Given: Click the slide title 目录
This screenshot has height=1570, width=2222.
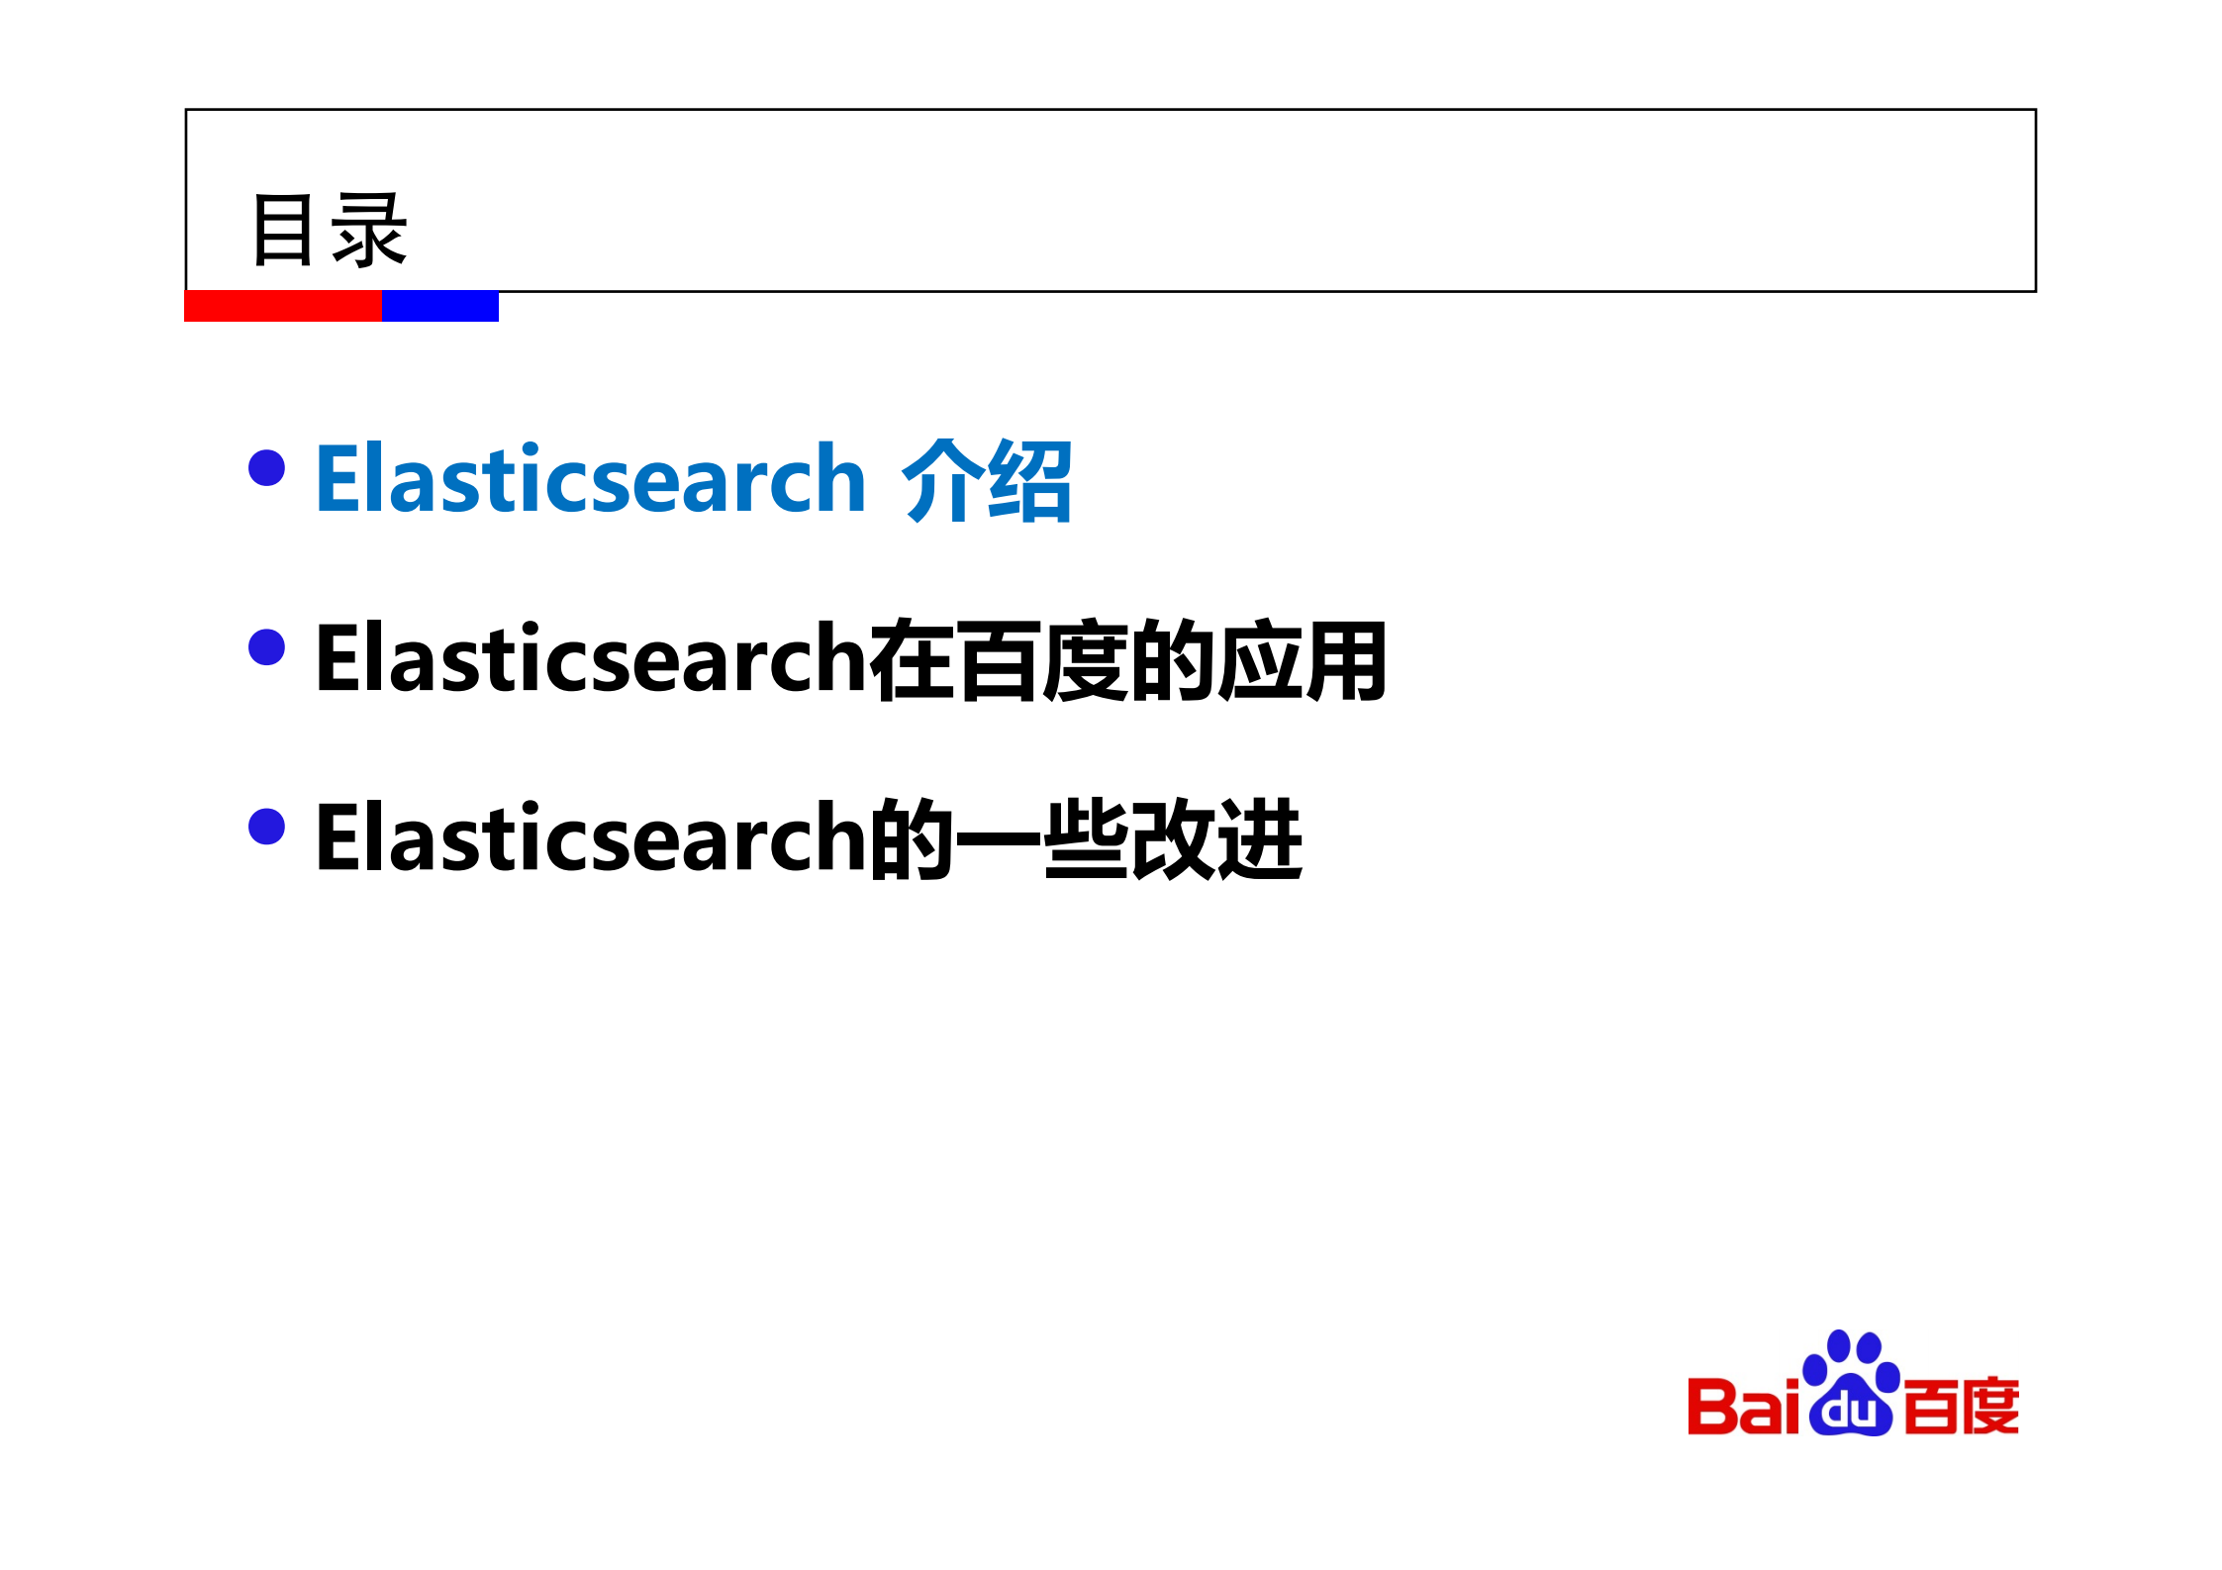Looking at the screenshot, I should pyautogui.click(x=330, y=231).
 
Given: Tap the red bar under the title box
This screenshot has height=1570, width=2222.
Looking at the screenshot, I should pyautogui.click(x=283, y=306).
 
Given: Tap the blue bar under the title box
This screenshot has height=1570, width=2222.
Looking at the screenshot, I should pyautogui.click(x=440, y=306).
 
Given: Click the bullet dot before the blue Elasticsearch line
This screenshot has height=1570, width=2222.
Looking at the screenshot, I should pyautogui.click(x=266, y=468).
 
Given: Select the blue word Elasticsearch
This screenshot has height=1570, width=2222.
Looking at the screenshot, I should pyautogui.click(x=591, y=480).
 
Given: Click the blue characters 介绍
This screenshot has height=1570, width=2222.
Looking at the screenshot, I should pyautogui.click(x=987, y=481).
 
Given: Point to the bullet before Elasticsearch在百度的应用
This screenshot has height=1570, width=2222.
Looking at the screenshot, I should pyautogui.click(x=266, y=647).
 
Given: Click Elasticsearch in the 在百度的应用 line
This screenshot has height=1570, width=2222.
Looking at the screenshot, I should pyautogui.click(x=591, y=660).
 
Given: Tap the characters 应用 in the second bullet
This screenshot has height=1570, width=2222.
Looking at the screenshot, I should pyautogui.click(x=1302, y=660).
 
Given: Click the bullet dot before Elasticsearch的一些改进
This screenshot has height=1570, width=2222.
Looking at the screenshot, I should pyautogui.click(x=266, y=827).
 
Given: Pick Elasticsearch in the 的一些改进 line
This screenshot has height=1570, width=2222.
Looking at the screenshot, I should pyautogui.click(x=591, y=839).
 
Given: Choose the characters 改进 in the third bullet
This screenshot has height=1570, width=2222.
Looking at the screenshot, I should pyautogui.click(x=1215, y=839).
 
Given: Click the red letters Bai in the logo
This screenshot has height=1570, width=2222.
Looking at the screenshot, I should pyautogui.click(x=1743, y=1407).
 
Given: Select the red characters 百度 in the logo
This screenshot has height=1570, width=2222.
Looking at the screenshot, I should pyautogui.click(x=1961, y=1407).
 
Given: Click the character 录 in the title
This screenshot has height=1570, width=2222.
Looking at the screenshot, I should pyautogui.click(x=369, y=231).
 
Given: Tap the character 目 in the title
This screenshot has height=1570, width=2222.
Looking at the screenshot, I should pyautogui.click(x=283, y=231).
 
